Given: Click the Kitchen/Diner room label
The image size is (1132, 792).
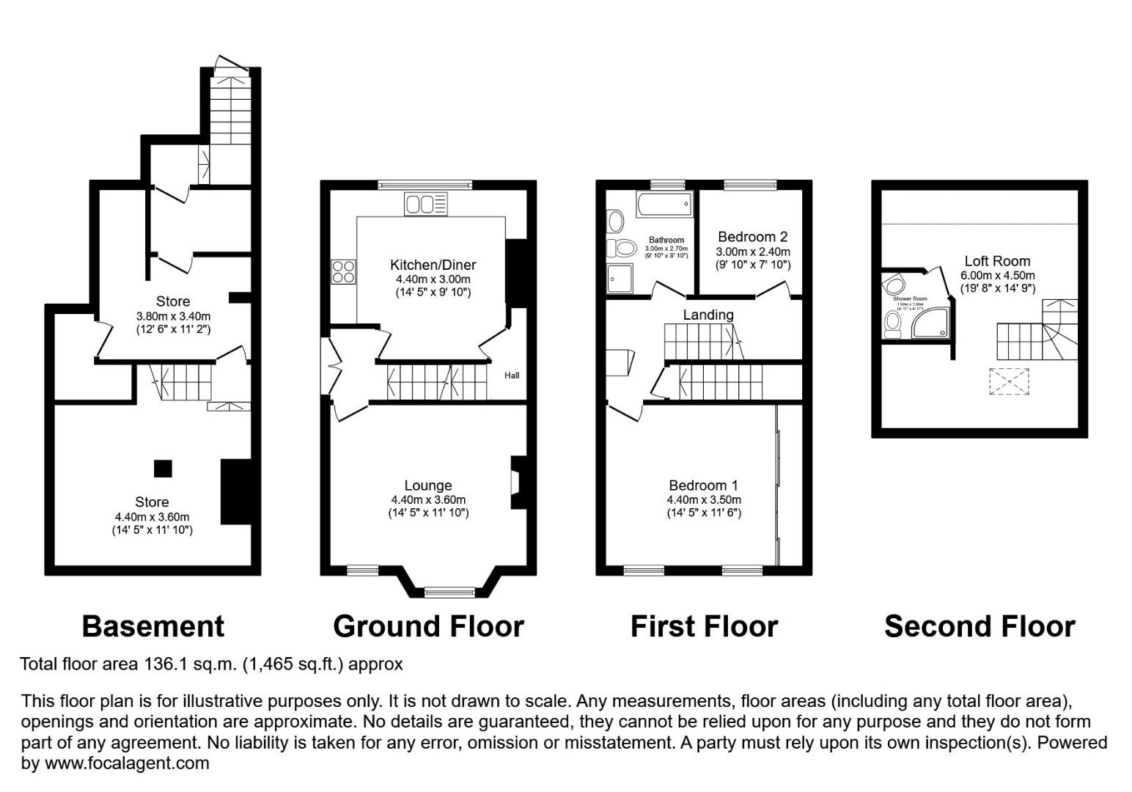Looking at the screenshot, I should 433,265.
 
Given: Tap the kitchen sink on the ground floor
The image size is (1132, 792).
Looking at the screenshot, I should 425,204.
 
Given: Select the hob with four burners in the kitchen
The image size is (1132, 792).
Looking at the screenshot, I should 343,272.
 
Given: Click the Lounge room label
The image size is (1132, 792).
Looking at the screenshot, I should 428,485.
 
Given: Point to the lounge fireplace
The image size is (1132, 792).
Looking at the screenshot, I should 516,483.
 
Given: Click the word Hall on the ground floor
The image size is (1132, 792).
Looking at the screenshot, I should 512,375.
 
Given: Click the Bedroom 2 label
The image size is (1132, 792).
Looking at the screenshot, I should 752,237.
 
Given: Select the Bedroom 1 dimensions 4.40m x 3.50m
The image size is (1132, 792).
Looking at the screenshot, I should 703,500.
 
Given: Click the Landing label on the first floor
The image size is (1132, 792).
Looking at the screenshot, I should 708,315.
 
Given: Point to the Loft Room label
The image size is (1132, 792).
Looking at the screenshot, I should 997,261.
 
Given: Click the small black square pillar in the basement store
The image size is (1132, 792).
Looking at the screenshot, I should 163,469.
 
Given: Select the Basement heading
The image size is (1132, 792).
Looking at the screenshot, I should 152,626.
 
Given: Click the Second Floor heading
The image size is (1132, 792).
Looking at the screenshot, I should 980,626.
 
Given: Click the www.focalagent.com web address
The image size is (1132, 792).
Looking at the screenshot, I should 127,763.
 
